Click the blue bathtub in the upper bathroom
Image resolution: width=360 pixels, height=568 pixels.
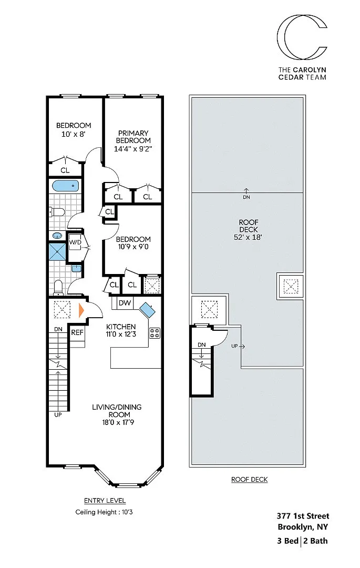66,186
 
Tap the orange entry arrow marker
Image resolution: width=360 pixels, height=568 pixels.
81,310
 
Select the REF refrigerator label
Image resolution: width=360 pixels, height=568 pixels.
77,332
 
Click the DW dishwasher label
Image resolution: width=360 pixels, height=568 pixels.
125,303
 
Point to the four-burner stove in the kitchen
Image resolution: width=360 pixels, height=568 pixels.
155,333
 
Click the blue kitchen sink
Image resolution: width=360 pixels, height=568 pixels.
147,310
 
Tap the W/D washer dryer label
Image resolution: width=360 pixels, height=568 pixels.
75,242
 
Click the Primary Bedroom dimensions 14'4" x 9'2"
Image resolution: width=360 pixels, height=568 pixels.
133,148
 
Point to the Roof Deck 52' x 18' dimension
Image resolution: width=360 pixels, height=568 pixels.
248,238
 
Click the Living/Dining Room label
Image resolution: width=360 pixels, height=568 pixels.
117,411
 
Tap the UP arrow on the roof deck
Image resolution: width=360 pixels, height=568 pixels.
238,346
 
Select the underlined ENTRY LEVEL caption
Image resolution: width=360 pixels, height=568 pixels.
105,501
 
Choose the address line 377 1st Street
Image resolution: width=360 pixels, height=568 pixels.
303,516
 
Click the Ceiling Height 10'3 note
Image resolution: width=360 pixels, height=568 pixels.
104,512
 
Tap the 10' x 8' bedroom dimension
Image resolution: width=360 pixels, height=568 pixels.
74,134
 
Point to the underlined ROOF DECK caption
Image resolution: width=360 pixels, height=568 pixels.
250,479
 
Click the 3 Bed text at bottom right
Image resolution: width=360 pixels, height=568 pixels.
287,541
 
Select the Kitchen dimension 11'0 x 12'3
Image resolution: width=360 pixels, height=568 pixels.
121,334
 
